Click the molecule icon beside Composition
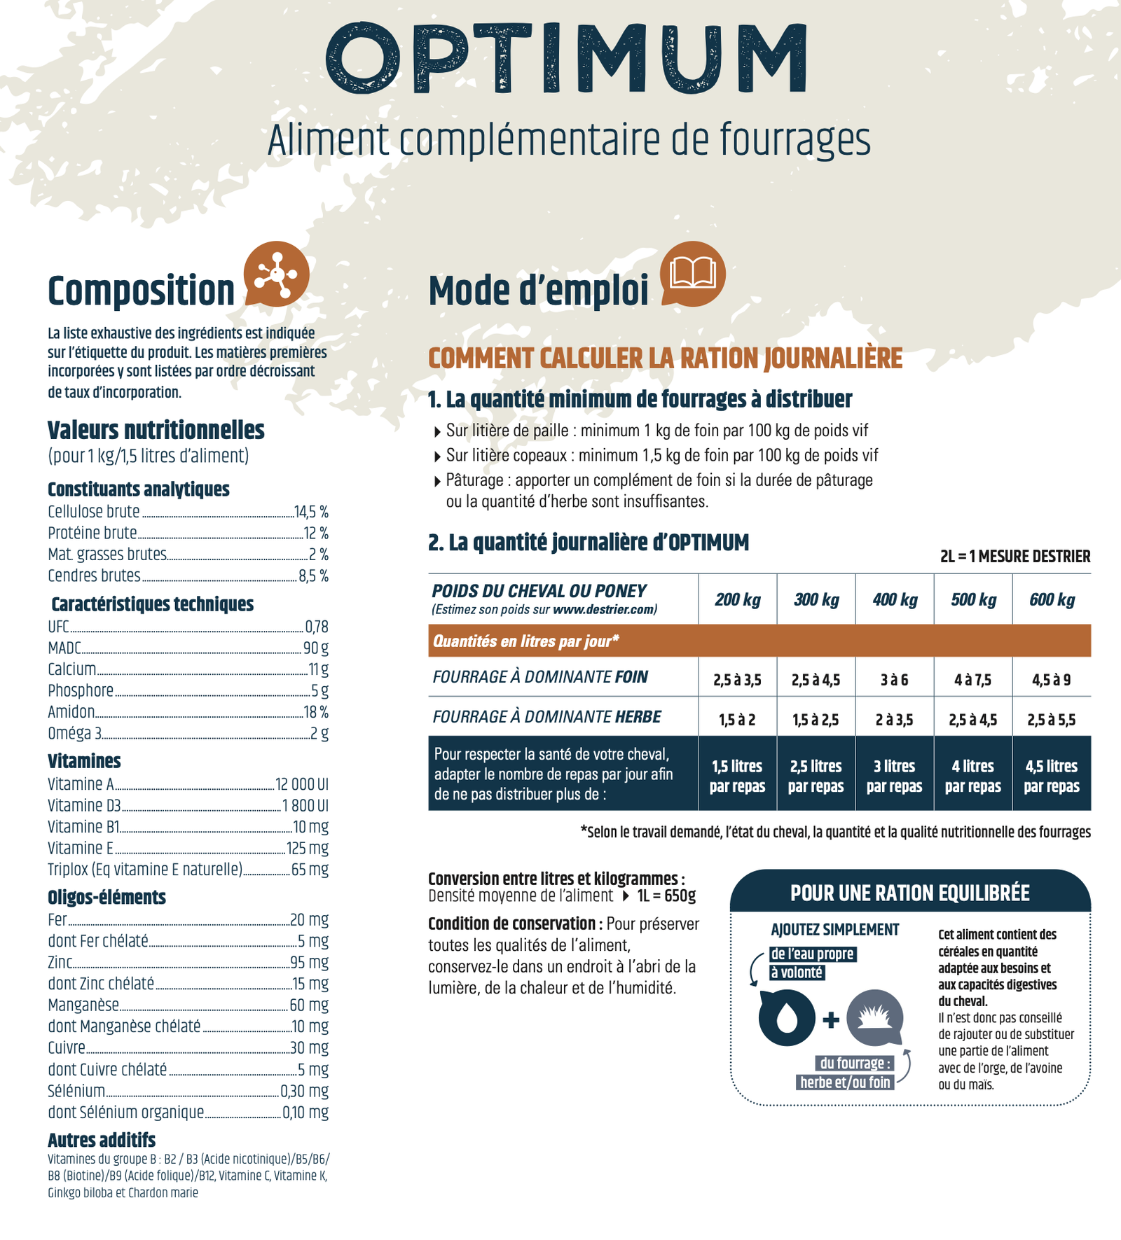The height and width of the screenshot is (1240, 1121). pyautogui.click(x=276, y=274)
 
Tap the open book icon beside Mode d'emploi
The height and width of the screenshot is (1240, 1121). pyautogui.click(x=693, y=274)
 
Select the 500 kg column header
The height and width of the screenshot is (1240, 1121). pyautogui.click(x=973, y=599)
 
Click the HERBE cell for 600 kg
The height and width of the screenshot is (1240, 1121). pyautogui.click(x=1052, y=720)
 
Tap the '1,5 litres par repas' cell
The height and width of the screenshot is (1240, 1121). pyautogui.click(x=737, y=776)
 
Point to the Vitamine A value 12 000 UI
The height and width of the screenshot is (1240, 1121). pyautogui.click(x=302, y=784)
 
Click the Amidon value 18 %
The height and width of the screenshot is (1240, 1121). pyautogui.click(x=316, y=712)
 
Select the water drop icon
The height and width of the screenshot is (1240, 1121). pyautogui.click(x=787, y=1018)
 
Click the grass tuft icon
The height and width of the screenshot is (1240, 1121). pyautogui.click(x=875, y=1018)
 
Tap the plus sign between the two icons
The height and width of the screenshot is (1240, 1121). pyautogui.click(x=831, y=1019)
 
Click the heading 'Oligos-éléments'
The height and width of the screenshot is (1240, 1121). pyautogui.click(x=106, y=897)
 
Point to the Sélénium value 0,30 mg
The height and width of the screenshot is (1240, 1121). pyautogui.click(x=304, y=1091)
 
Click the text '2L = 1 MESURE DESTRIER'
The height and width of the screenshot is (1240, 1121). pyautogui.click(x=1015, y=557)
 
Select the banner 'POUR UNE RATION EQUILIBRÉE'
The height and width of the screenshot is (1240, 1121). pyautogui.click(x=910, y=893)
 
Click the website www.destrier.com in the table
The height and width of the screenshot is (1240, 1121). pyautogui.click(x=603, y=609)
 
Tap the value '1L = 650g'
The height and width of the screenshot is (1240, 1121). pyautogui.click(x=666, y=896)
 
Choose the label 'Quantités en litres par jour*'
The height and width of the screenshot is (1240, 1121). pyautogui.click(x=526, y=641)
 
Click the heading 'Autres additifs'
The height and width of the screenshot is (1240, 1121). pyautogui.click(x=102, y=1139)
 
